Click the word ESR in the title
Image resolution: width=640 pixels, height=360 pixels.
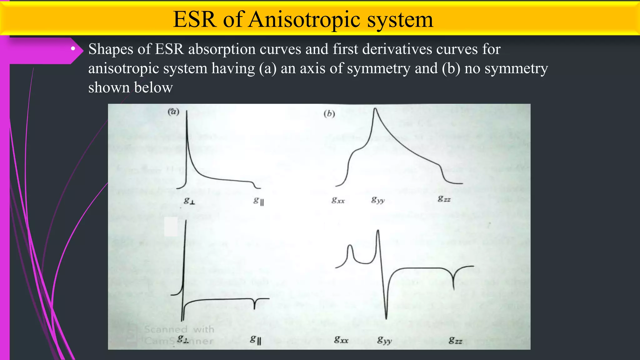195,19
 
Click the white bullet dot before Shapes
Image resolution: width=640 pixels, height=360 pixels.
73,49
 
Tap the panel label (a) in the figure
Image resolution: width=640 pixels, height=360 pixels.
173,112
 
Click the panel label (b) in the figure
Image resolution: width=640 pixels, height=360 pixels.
329,113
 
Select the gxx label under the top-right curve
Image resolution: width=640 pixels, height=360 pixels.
338,200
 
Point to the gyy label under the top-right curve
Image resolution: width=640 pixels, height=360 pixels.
378,200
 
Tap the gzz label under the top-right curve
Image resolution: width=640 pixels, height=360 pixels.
444,199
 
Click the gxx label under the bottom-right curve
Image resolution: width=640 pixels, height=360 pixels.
341,340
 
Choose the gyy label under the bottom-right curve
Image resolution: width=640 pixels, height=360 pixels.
384,340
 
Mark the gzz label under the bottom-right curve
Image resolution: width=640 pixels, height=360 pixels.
455,340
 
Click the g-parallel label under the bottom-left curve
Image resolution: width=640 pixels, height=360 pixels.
255,339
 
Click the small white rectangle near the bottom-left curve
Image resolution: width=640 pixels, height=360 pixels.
171,227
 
